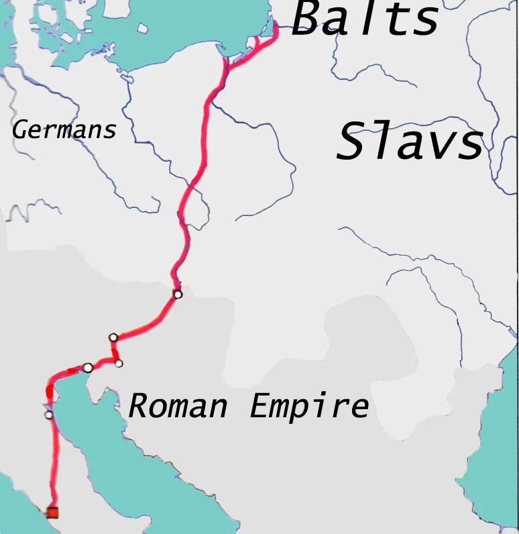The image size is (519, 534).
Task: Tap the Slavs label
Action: (x=410, y=142)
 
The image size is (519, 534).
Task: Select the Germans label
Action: (x=64, y=129)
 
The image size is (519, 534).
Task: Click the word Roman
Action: (x=178, y=406)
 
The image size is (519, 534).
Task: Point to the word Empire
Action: (x=309, y=407)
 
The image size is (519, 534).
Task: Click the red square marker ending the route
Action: (x=52, y=513)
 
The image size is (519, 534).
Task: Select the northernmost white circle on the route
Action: (x=178, y=294)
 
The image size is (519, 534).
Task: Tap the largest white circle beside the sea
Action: (x=88, y=368)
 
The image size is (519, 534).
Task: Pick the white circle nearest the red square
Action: (x=48, y=415)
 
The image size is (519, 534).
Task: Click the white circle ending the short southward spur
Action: (x=119, y=364)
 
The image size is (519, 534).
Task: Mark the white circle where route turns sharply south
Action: (x=113, y=337)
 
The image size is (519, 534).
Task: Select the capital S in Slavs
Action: (x=353, y=142)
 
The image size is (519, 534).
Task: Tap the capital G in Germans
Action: (x=21, y=129)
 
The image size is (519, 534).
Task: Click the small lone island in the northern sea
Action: (x=143, y=29)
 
